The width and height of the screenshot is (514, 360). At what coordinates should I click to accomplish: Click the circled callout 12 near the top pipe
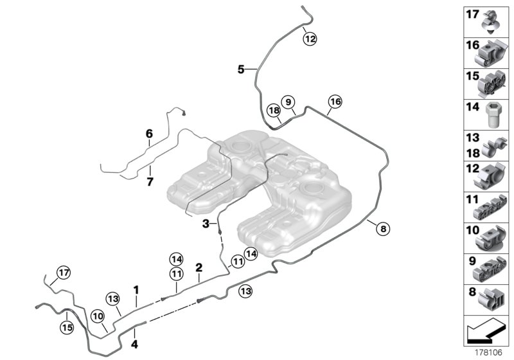point(310,39)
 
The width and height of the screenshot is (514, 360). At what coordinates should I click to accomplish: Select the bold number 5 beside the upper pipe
point(241,69)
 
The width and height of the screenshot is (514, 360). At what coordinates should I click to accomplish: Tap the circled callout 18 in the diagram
point(274,111)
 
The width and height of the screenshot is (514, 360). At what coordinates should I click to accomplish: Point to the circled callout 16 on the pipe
point(334,102)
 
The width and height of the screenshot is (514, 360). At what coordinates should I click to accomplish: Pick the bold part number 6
point(149,134)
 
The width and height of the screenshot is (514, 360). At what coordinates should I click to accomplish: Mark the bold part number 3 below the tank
point(206,224)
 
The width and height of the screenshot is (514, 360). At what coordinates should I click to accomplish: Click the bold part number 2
point(199,267)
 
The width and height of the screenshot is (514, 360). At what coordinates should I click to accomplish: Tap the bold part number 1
point(136,291)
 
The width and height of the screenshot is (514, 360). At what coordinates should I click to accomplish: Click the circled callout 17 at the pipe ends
point(62,273)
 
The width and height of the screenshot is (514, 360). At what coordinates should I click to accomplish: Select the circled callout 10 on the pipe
point(97,316)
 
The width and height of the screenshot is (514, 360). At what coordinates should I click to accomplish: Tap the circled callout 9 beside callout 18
point(288,102)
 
